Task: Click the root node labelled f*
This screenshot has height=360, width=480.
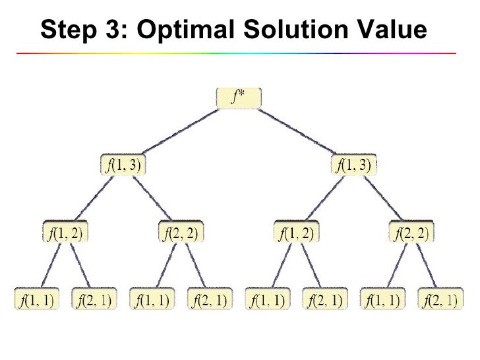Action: point(239,99)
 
